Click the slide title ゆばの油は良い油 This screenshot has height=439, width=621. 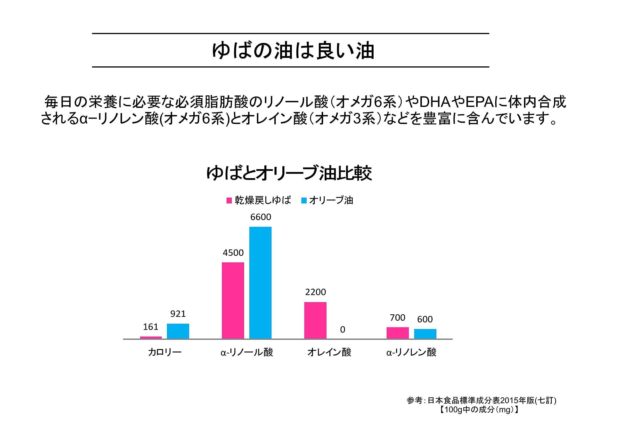[x=293, y=51]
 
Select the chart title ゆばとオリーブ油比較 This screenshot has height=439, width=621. [x=289, y=173]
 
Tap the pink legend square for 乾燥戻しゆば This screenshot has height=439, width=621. [x=229, y=200]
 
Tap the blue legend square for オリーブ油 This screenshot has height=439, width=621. [x=304, y=200]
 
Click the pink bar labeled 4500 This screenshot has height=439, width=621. [x=233, y=300]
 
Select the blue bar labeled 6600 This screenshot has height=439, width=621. [x=260, y=283]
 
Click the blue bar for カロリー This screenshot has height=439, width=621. [x=178, y=331]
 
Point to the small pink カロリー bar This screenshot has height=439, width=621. [x=151, y=337]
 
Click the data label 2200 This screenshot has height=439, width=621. [x=315, y=292]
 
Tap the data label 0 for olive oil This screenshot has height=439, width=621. [x=343, y=329]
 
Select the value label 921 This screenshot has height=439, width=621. [x=178, y=314]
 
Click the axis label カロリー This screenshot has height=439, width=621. [x=164, y=352]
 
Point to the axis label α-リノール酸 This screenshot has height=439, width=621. [x=247, y=352]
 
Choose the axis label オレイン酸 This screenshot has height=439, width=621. [x=329, y=352]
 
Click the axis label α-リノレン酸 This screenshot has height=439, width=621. [x=411, y=352]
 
